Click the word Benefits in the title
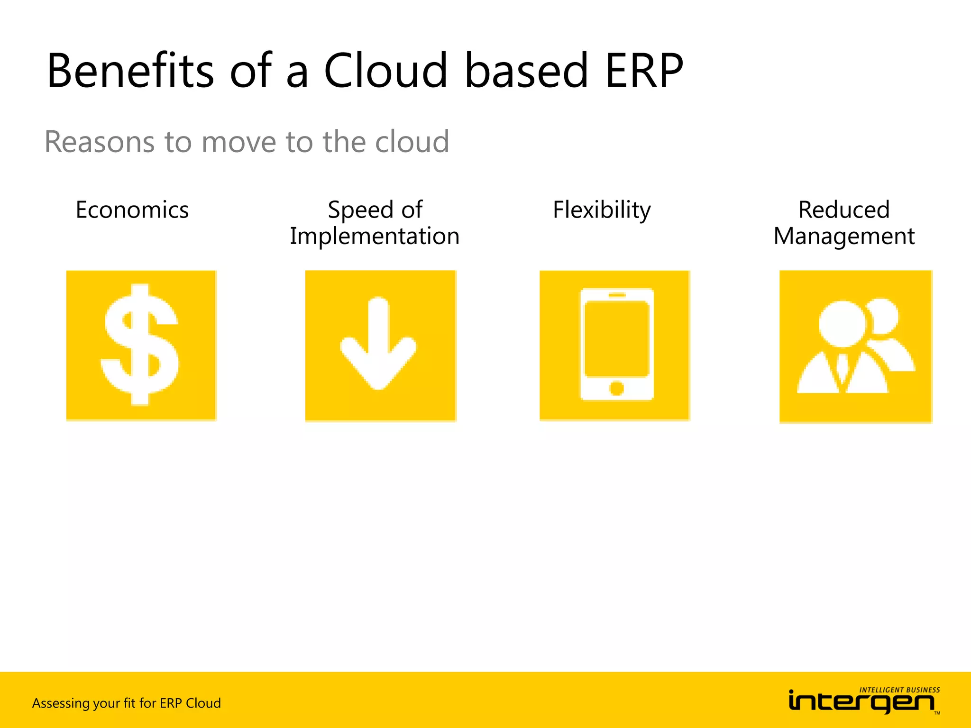pos(130,71)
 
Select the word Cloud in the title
pos(385,71)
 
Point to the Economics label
pos(132,210)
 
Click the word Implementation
pos(375,236)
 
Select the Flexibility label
pos(602,210)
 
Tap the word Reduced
pos(844,210)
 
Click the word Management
pos(844,236)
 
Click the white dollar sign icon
pos(141,345)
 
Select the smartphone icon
pos(616,344)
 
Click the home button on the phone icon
pos(616,389)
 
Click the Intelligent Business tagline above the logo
pos(899,690)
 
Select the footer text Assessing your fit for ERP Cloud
pos(127,703)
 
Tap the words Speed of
pos(375,210)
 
